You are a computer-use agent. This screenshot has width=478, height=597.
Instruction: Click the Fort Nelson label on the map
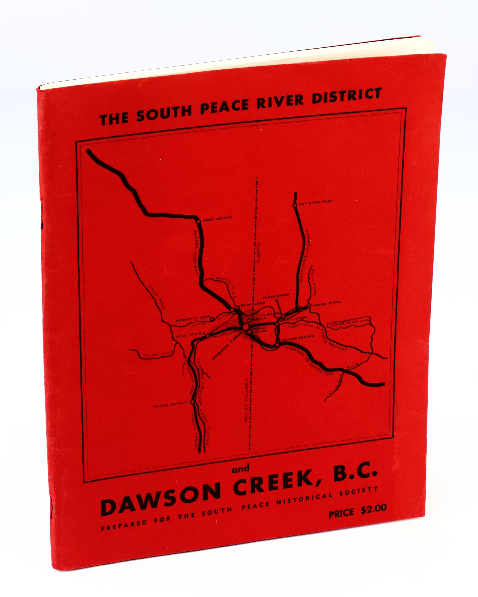(217, 218)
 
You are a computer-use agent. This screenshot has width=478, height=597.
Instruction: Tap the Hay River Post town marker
(295, 205)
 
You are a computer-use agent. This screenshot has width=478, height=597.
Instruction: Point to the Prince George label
(171, 405)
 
